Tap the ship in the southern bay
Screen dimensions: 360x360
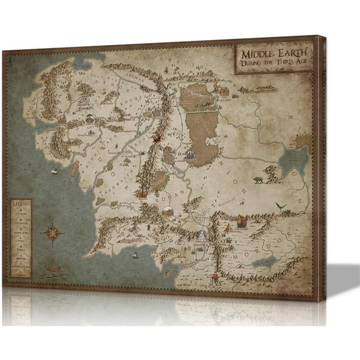click(x=134, y=254)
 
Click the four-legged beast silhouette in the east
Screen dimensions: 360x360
click(x=257, y=180)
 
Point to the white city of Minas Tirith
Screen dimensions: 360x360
click(x=202, y=235)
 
